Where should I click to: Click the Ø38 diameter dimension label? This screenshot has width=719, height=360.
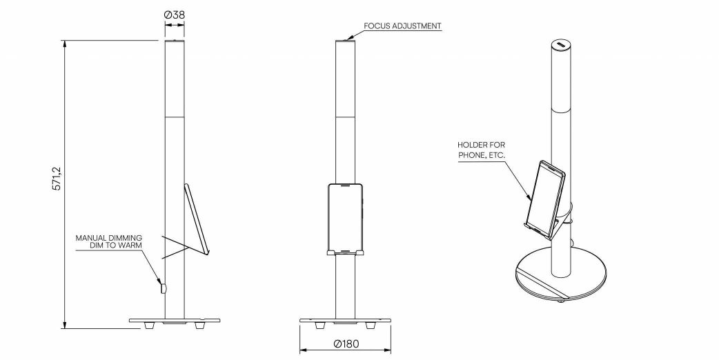[175, 14]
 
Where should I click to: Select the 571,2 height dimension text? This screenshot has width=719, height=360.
[57, 178]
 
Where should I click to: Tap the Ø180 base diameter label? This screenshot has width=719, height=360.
[346, 343]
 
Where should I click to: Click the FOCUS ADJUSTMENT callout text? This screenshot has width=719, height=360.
[402, 26]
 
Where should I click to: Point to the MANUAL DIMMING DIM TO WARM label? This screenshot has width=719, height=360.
[108, 242]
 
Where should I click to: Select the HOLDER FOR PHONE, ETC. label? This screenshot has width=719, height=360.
[482, 150]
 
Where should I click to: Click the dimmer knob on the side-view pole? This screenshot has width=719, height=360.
[162, 288]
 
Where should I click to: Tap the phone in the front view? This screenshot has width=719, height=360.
[345, 219]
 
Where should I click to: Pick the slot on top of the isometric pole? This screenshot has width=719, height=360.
[562, 45]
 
